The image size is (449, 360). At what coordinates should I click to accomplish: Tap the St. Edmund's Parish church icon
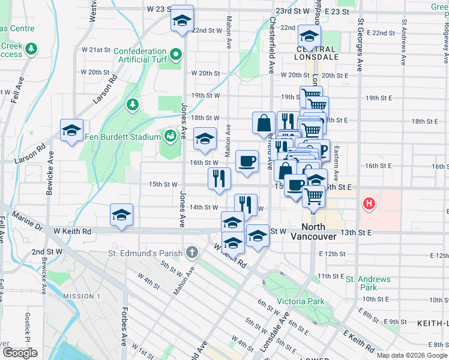pyautogui.click(x=191, y=252)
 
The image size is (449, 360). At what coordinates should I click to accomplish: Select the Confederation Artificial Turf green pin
pyautogui.click(x=175, y=56)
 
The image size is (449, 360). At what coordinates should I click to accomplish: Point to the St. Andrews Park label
pyautogui.click(x=368, y=283)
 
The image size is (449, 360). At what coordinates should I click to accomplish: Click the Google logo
pyautogui.click(x=19, y=353)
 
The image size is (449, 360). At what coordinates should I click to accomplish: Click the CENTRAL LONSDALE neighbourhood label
pyautogui.click(x=316, y=53)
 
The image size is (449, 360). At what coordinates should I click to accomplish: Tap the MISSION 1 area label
pyautogui.click(x=82, y=296)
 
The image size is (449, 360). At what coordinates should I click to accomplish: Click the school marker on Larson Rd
pyautogui.click(x=71, y=130)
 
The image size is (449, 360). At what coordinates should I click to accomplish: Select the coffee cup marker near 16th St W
pyautogui.click(x=247, y=161)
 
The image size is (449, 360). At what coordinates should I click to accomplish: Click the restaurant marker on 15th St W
pyautogui.click(x=219, y=178)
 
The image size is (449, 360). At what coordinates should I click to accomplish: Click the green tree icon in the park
pyautogui.click(x=131, y=105)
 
